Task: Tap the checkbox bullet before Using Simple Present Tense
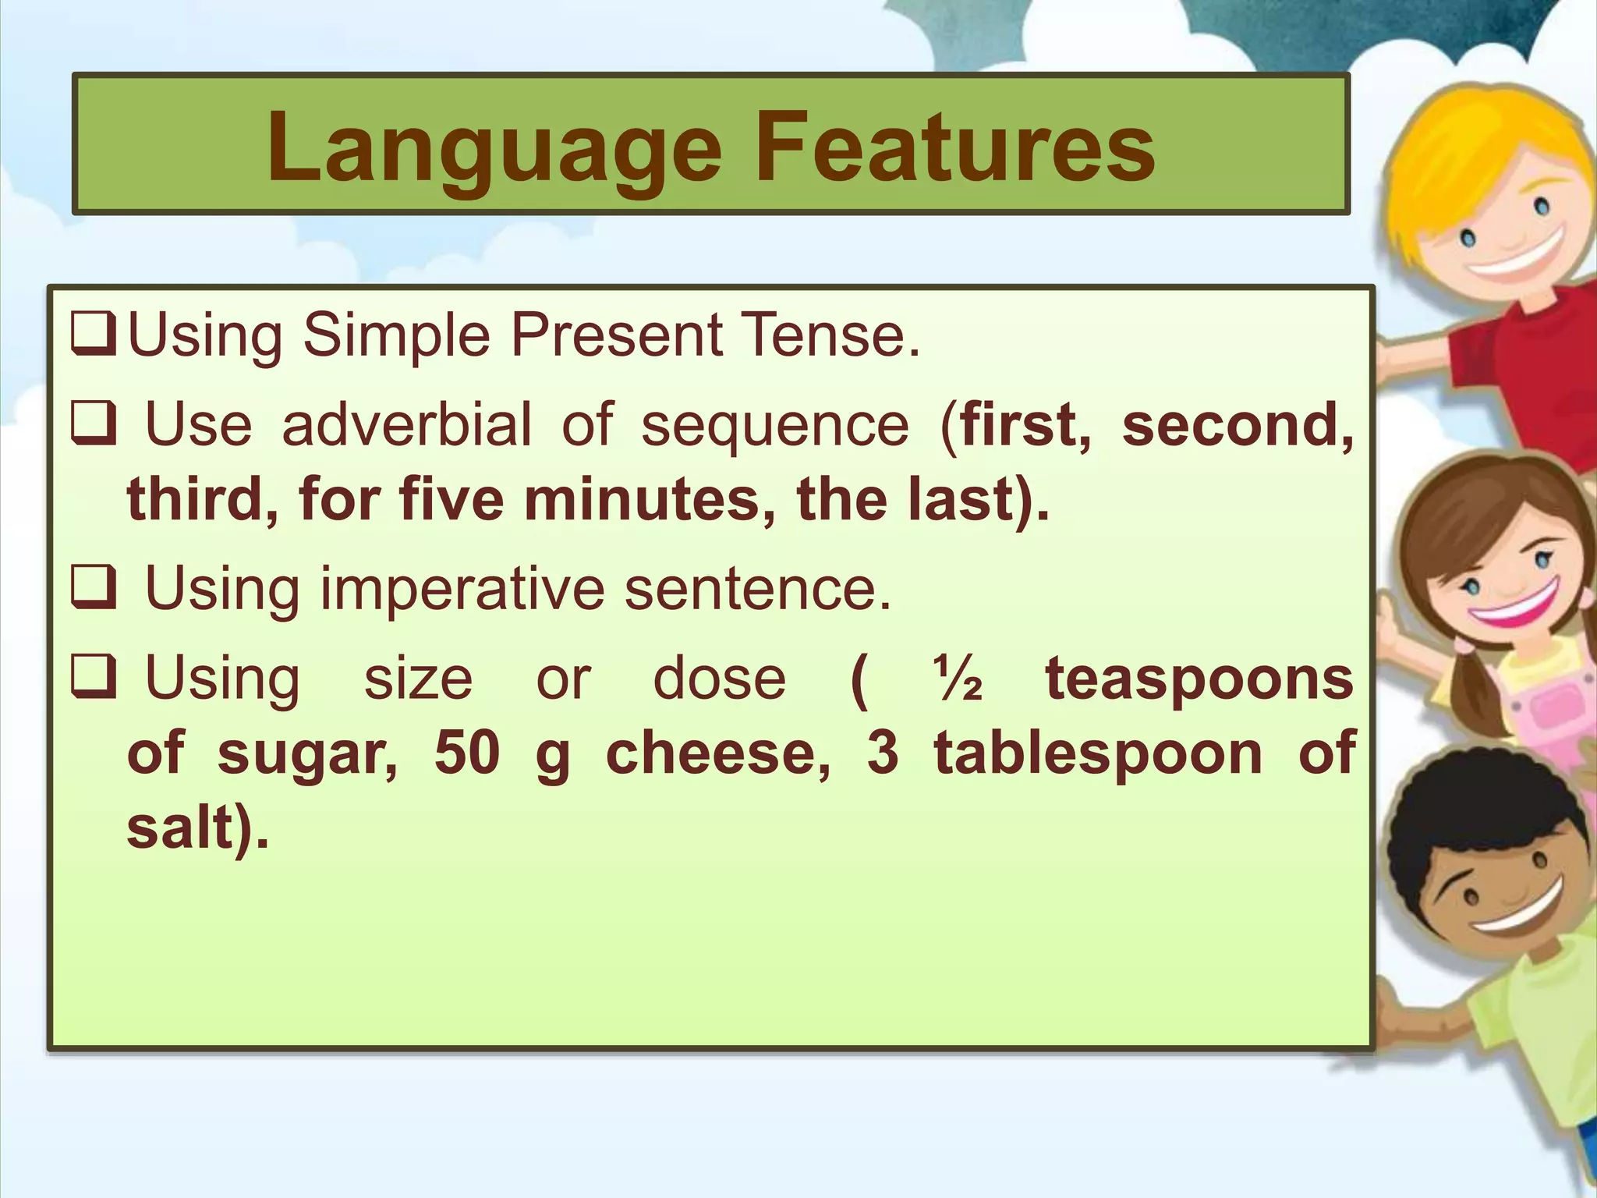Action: (x=94, y=335)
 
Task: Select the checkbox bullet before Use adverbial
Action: (x=94, y=424)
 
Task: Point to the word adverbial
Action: (x=406, y=424)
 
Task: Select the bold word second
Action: (x=1237, y=424)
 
